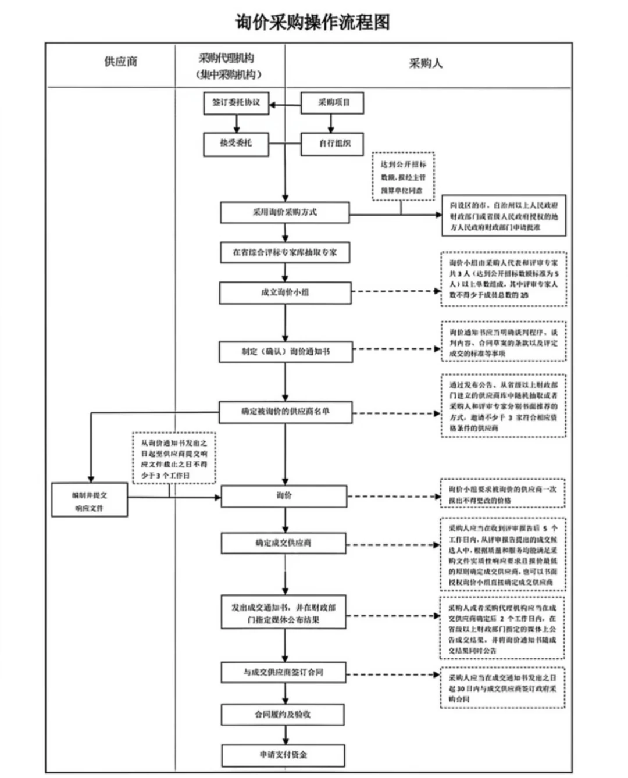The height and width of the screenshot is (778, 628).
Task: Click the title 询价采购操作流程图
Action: [x=312, y=22]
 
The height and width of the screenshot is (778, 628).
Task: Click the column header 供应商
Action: [x=120, y=62]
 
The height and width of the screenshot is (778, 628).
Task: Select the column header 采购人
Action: [x=425, y=63]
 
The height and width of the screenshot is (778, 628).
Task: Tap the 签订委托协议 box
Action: [x=236, y=103]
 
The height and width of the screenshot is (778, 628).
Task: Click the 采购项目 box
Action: [x=333, y=103]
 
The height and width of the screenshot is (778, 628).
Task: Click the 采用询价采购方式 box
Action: [x=284, y=213]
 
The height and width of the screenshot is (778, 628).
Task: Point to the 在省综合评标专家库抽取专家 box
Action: [x=284, y=252]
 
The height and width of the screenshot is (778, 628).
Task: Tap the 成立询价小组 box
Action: [x=285, y=292]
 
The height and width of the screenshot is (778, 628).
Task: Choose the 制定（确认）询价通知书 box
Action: [x=285, y=352]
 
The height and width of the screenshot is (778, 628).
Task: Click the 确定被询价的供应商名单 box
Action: [x=285, y=412]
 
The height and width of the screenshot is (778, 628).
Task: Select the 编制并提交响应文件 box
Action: [x=89, y=500]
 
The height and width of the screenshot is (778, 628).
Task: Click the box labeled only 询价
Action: [x=284, y=496]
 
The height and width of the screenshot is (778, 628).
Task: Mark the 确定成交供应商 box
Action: [x=284, y=543]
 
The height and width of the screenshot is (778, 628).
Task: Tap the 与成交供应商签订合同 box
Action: [x=283, y=672]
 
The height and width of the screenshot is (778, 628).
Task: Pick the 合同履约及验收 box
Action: [x=283, y=714]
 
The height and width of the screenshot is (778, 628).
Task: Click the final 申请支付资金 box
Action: [x=283, y=755]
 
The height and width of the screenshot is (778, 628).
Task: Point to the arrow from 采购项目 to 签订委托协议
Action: [x=284, y=105]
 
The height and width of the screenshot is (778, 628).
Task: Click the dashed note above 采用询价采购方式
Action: [x=403, y=177]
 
